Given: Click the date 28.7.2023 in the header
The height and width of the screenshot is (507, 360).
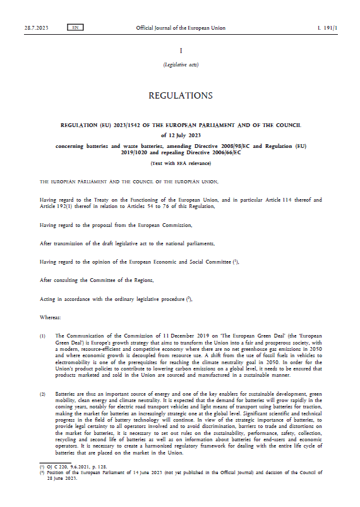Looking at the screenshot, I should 35,28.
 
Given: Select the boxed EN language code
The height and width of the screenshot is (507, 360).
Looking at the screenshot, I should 75,28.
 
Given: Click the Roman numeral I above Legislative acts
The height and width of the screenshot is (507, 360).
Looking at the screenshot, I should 180,50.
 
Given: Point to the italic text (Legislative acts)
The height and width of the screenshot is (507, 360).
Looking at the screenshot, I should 180,64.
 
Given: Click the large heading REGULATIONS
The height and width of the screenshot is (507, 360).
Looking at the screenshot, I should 180,96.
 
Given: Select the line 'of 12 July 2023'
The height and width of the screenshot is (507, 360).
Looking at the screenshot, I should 180,135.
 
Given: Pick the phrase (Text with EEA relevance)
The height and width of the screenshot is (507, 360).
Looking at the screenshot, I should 180,163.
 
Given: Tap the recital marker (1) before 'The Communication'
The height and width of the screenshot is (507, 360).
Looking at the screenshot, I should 42,336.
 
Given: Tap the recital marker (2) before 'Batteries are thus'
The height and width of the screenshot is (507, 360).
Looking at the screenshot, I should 42,394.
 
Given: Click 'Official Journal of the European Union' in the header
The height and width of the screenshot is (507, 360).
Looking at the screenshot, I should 180,28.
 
